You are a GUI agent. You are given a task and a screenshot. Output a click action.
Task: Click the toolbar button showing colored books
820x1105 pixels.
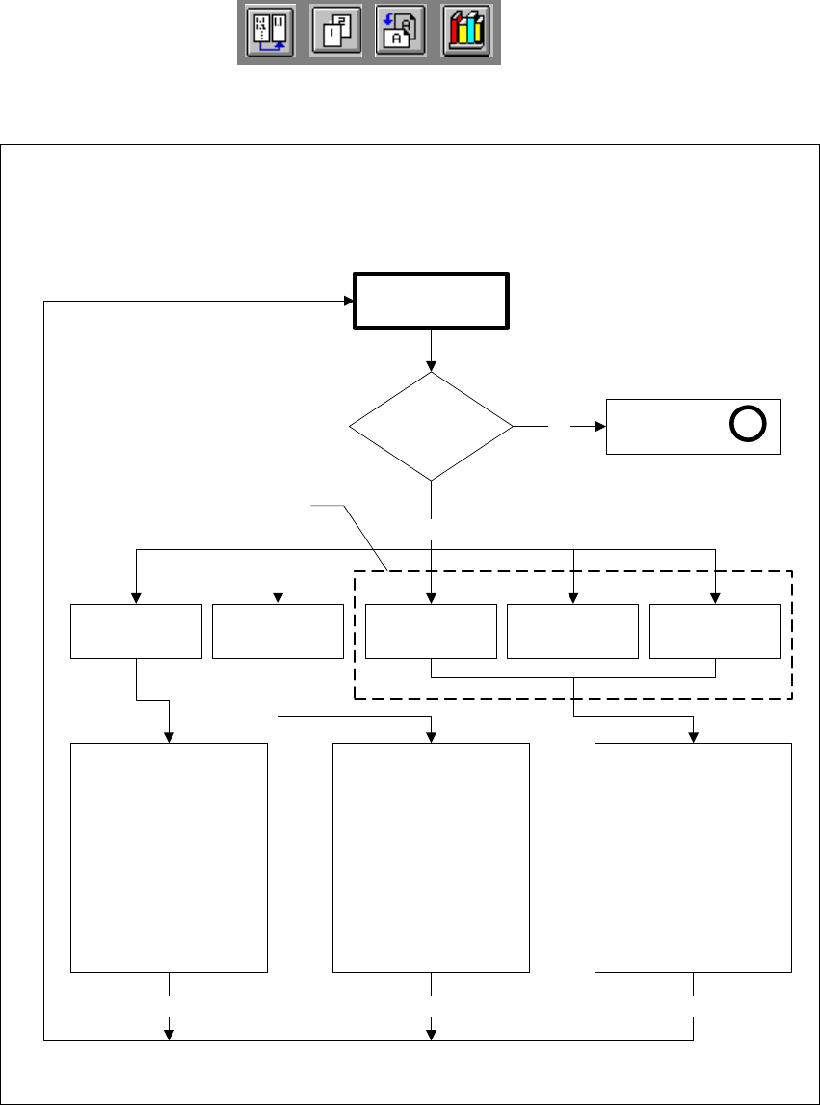click(x=467, y=34)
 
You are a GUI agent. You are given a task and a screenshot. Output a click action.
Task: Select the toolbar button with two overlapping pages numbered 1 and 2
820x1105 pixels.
click(x=335, y=34)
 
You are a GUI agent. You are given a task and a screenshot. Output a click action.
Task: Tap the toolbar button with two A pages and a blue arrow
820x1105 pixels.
click(x=401, y=34)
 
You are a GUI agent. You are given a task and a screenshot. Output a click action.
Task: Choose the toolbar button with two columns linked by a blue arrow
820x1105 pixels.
click(x=270, y=34)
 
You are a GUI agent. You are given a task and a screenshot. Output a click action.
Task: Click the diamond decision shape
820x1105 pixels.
click(x=431, y=425)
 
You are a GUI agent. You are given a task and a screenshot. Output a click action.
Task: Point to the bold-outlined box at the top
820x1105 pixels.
click(x=431, y=302)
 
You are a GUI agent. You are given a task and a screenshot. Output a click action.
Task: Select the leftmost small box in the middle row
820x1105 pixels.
click(x=137, y=632)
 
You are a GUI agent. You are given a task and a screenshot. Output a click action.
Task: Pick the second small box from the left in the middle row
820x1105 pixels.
click(x=278, y=632)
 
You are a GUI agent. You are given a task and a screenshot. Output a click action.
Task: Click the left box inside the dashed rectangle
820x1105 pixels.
click(x=431, y=632)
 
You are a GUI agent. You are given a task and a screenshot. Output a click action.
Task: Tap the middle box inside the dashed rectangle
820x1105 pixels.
click(x=572, y=632)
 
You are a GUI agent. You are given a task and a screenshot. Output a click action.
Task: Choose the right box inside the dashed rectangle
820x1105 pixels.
click(x=715, y=632)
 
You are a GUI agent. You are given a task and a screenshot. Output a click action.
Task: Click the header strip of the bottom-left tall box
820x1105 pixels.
click(x=170, y=760)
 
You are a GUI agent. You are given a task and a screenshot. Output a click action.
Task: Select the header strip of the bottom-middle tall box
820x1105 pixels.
click(x=431, y=760)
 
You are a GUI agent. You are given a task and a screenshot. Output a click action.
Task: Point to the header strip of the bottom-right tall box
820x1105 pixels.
click(x=693, y=760)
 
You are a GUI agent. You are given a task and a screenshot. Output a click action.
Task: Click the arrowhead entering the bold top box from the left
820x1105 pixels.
click(x=348, y=302)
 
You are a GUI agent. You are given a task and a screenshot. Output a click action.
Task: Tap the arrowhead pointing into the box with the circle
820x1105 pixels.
click(x=598, y=425)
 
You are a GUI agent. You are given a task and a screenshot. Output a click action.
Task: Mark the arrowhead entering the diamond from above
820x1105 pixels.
click(x=431, y=366)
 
